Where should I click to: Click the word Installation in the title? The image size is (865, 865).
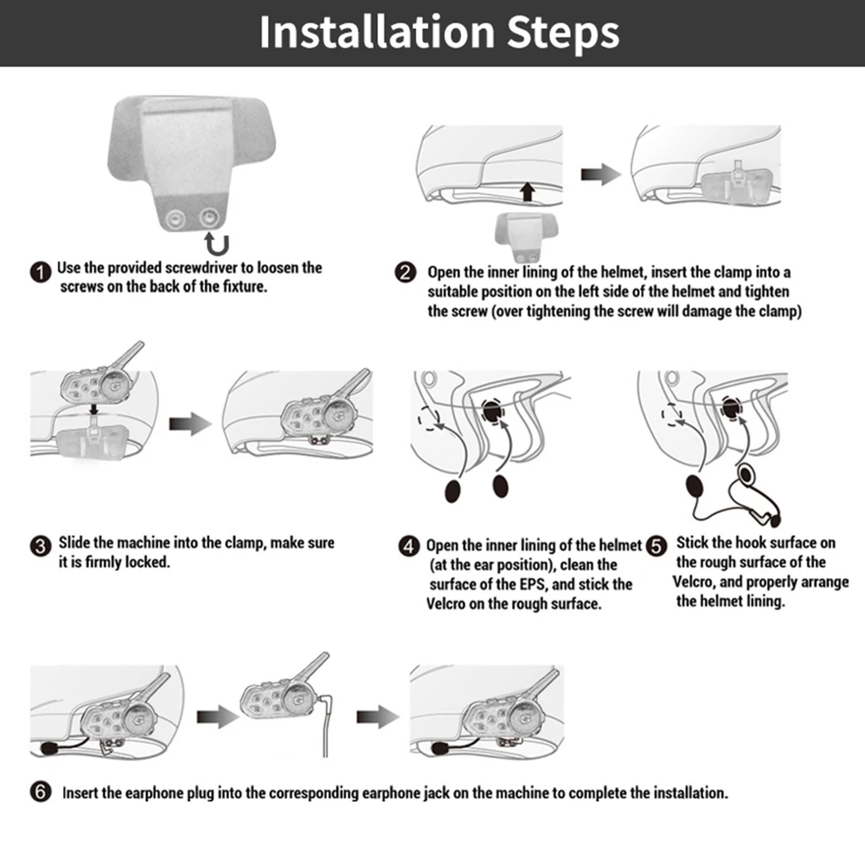click(377, 32)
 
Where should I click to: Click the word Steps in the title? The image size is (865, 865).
click(563, 35)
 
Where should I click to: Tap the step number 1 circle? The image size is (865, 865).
click(41, 272)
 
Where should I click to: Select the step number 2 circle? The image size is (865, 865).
click(406, 272)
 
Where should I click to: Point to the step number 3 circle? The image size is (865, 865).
click(41, 547)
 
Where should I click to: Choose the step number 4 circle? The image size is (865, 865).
click(409, 547)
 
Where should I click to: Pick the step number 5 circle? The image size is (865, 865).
click(657, 547)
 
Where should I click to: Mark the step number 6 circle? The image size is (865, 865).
click(41, 791)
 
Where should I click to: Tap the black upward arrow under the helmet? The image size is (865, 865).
click(528, 191)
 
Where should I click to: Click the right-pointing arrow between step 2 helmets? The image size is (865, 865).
click(601, 175)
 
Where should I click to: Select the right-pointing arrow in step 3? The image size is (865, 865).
click(190, 424)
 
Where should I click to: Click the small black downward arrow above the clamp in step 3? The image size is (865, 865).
click(94, 409)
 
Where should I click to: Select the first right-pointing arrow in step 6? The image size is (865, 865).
click(217, 716)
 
